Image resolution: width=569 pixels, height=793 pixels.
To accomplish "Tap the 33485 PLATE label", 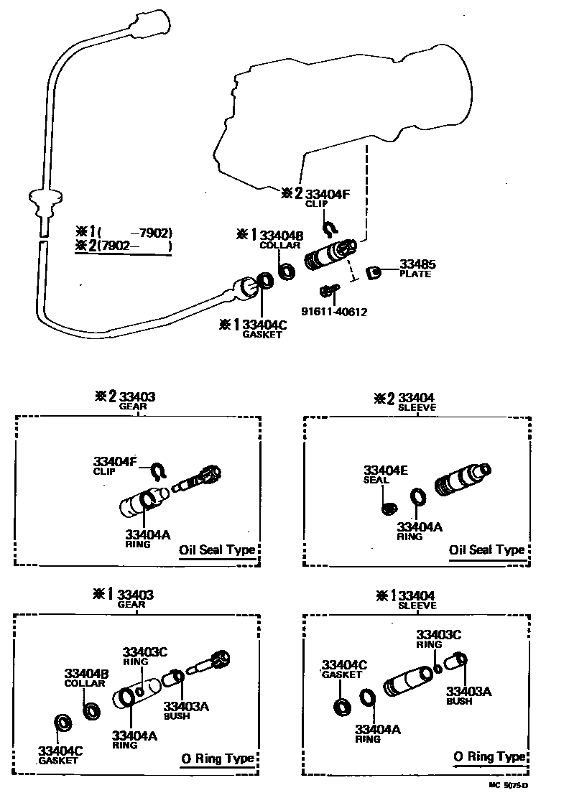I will tap(415, 269).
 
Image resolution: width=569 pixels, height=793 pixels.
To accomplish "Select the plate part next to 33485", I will tap(374, 273).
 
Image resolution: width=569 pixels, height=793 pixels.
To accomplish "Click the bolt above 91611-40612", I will tap(329, 291).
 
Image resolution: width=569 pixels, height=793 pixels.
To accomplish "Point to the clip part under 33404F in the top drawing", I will tap(329, 229).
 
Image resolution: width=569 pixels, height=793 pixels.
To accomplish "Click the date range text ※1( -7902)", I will tap(124, 232).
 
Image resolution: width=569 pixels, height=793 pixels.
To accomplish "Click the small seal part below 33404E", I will tap(387, 508).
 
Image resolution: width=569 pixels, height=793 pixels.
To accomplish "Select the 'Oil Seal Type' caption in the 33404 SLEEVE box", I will tap(486, 550).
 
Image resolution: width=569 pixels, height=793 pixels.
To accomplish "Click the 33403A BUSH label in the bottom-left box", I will tap(186, 710).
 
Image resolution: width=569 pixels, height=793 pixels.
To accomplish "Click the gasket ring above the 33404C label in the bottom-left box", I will tap(63, 722).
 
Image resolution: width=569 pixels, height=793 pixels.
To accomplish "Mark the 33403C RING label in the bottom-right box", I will tap(439, 638).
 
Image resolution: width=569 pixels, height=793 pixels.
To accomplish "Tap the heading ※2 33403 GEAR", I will tap(126, 400).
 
